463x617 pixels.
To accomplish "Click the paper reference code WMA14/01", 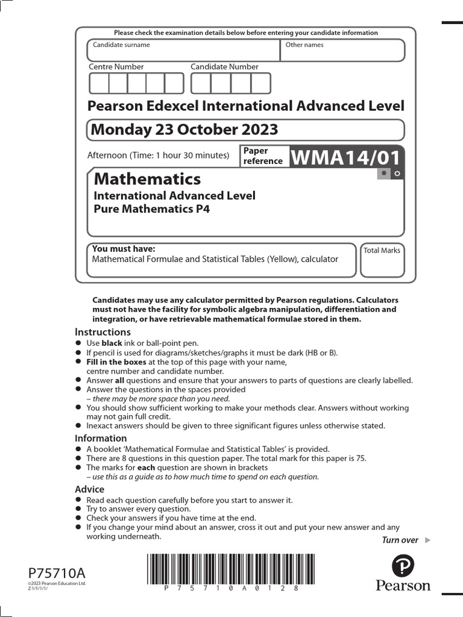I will [346, 157].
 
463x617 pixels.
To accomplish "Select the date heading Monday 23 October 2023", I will [183, 130].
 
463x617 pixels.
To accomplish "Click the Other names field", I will [342, 51].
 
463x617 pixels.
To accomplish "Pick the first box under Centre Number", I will [99, 83].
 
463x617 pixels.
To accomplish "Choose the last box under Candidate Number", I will [261, 83].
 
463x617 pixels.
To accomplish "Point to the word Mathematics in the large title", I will [148, 179].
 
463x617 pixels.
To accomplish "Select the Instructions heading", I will [102, 332].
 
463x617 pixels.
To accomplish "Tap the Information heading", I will [101, 438].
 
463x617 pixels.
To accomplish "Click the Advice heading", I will [89, 489].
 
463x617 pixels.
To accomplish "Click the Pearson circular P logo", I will [403, 566].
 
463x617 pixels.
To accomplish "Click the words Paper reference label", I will [263, 156].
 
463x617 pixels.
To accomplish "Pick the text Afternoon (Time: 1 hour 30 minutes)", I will [158, 155].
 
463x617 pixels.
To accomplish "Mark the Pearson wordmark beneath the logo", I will [403, 586].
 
